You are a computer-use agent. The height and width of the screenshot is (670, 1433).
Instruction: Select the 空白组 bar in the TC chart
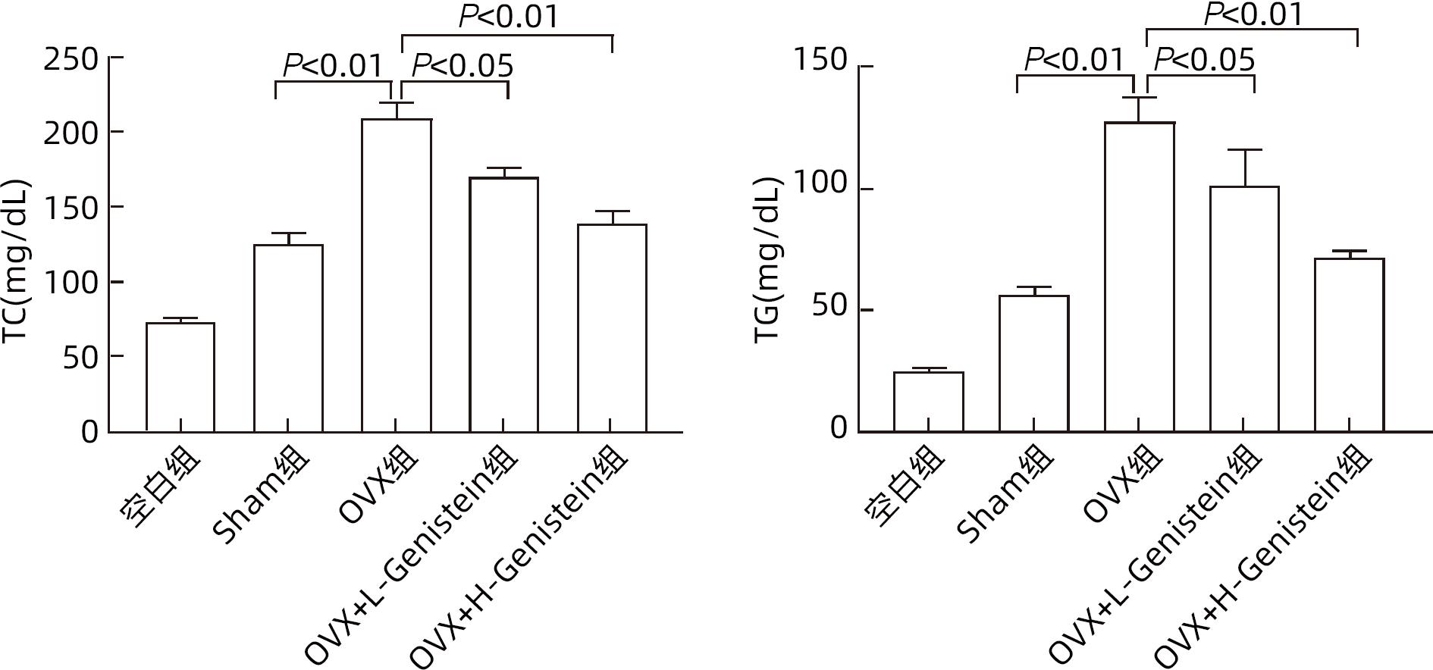[x=180, y=377]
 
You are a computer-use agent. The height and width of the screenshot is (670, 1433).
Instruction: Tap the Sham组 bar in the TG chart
[x=1033, y=363]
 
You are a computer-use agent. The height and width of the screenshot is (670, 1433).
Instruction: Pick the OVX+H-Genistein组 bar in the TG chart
[x=1349, y=345]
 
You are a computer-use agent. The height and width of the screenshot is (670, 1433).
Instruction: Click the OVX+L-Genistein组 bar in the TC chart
[x=503, y=304]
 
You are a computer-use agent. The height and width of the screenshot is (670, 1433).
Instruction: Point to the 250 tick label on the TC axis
[x=71, y=59]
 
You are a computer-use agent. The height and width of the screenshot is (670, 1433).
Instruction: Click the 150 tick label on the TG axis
[x=820, y=60]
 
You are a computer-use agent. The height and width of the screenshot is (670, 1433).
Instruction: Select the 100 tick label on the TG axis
[x=820, y=182]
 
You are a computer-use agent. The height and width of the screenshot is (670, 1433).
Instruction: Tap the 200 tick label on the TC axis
[x=71, y=133]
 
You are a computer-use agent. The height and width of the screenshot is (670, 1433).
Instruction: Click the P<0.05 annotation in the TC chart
[x=462, y=67]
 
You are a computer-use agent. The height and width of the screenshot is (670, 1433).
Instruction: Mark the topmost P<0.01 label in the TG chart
[x=1253, y=14]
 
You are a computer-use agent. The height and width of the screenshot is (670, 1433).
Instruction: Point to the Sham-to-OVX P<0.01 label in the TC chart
[x=333, y=67]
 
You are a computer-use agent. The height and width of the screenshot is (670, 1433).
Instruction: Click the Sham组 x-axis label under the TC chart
[x=262, y=496]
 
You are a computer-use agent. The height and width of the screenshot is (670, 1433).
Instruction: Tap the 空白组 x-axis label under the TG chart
[x=905, y=485]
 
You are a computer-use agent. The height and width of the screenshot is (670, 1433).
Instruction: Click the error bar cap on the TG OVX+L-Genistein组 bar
[x=1243, y=150]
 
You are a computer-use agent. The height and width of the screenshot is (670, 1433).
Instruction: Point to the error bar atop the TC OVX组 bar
[x=396, y=109]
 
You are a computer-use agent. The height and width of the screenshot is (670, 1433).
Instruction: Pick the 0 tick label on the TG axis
[x=838, y=428]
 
